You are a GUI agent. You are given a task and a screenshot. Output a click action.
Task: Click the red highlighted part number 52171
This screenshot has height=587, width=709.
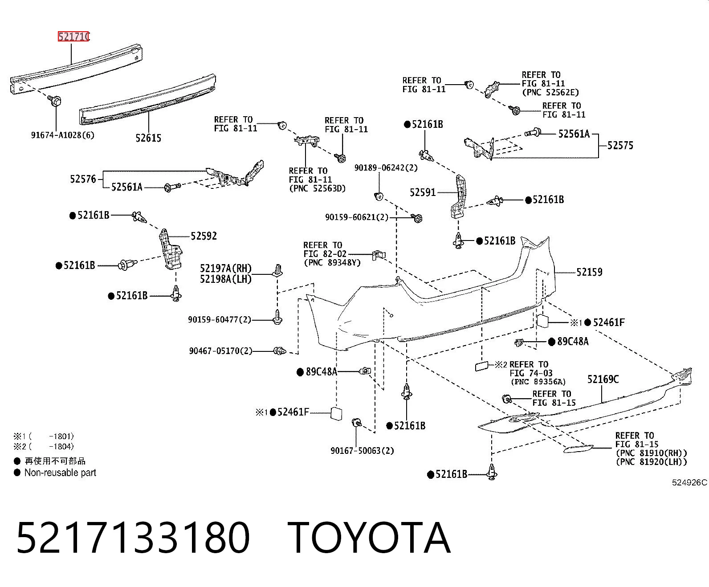pyautogui.click(x=73, y=37)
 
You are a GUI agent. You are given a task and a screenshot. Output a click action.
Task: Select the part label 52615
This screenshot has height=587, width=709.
pyautogui.click(x=148, y=138)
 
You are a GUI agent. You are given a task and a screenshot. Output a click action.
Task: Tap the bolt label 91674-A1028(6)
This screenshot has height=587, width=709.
pyautogui.click(x=63, y=135)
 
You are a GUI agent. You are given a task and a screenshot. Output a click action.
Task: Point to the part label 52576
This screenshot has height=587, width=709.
pyautogui.click(x=83, y=179)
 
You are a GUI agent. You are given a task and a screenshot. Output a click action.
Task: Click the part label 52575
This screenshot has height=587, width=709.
pyautogui.click(x=620, y=145)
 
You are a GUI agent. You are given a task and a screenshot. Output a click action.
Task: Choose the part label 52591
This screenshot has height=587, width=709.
pyautogui.click(x=423, y=192)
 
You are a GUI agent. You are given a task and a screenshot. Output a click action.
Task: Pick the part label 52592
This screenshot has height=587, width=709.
pyautogui.click(x=204, y=236)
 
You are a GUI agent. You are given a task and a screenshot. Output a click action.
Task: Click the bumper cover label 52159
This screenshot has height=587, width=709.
pyautogui.click(x=590, y=272)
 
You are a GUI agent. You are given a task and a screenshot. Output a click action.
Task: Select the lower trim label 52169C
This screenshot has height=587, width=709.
pyautogui.click(x=603, y=379)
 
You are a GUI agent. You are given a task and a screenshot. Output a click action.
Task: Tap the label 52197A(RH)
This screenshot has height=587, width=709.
pyautogui.click(x=226, y=269)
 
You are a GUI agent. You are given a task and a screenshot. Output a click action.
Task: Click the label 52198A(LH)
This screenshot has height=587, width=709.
pyautogui.click(x=226, y=279)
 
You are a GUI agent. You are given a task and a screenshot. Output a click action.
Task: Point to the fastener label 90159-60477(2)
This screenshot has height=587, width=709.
pyautogui.click(x=220, y=320)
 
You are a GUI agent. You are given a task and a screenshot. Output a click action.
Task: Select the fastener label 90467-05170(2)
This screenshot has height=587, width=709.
pyautogui.click(x=221, y=351)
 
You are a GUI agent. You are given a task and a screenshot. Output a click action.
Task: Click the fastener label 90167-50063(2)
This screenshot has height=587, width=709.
pyautogui.click(x=363, y=451)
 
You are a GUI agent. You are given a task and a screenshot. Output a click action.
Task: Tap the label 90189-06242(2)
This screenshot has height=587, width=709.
pyautogui.click(x=386, y=168)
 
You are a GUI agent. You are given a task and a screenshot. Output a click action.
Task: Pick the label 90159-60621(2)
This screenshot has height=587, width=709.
pyautogui.click(x=357, y=217)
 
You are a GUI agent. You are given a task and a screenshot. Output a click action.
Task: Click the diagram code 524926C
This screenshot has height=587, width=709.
pyautogui.click(x=689, y=482)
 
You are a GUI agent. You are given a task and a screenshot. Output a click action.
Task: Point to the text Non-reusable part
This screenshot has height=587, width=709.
pyautogui.click(x=60, y=473)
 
